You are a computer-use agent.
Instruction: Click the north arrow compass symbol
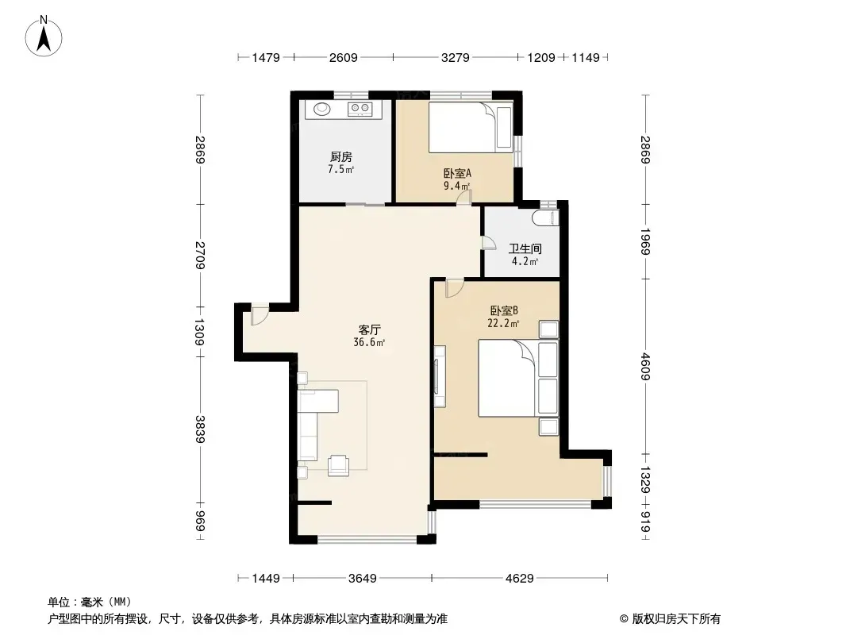pos(44,37)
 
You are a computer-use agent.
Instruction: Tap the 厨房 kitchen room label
pos(341,157)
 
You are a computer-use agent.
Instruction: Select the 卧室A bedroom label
pos(458,174)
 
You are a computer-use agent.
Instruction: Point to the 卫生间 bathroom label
pos(525,248)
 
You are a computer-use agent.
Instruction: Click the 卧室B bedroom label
pos(504,311)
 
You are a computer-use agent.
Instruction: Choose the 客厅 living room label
pos(370,329)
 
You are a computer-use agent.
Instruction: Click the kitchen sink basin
pos(322,109)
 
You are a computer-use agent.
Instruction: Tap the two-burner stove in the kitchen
pos(360,109)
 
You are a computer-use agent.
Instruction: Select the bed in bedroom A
pos(470,127)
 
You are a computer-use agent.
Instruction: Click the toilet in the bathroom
pos(544,218)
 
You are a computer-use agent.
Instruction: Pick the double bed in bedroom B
pos(518,378)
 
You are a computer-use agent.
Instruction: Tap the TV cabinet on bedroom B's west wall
pos(440,376)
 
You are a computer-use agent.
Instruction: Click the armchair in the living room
pos(338,465)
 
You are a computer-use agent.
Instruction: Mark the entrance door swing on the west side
pos(259,316)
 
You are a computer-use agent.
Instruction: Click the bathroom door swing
pos(488,242)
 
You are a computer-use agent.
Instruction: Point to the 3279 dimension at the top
pos(456,57)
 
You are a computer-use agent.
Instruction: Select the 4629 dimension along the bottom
pos(520,579)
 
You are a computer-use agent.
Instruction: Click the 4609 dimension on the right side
pos(645,367)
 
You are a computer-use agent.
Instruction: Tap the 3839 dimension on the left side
pos(200,429)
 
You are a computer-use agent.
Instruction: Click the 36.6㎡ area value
pos(369,342)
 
